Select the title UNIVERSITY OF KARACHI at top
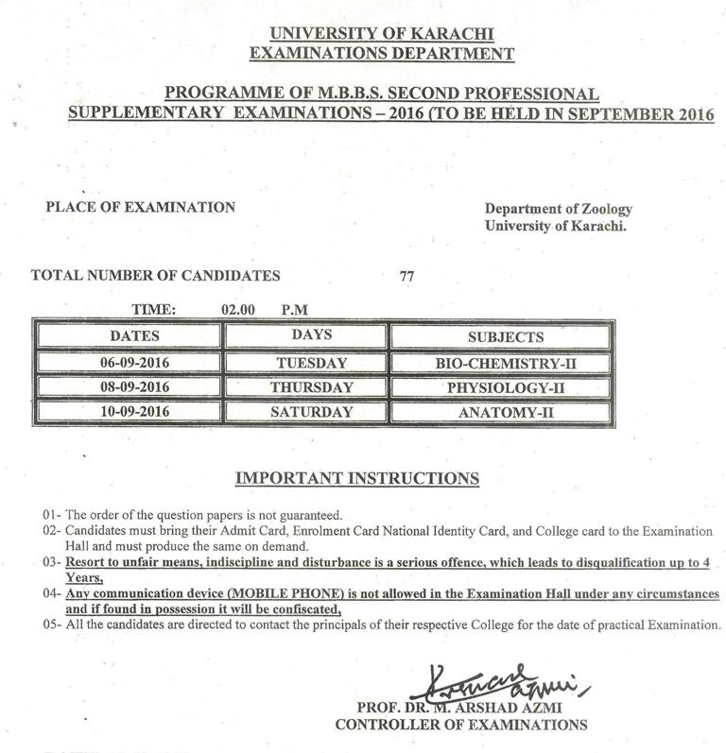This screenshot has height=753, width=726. (x=381, y=35)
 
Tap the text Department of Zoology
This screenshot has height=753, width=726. (x=558, y=209)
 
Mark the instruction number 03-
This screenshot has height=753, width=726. (x=52, y=562)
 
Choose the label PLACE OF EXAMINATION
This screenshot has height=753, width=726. (x=141, y=207)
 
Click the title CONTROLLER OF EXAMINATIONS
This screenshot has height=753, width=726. (x=461, y=725)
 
